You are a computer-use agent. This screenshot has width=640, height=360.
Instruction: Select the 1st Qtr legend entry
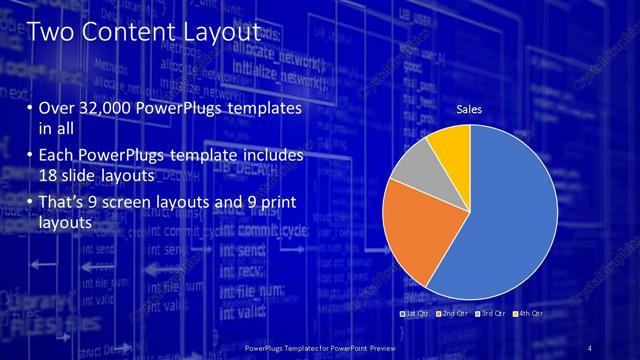click(414, 314)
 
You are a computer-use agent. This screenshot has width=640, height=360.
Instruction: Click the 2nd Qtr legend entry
click(452, 314)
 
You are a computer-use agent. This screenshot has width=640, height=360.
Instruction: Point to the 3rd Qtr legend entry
click(492, 314)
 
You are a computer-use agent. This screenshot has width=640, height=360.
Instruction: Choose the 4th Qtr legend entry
click(529, 314)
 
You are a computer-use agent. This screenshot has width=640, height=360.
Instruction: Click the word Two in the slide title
click(50, 32)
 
